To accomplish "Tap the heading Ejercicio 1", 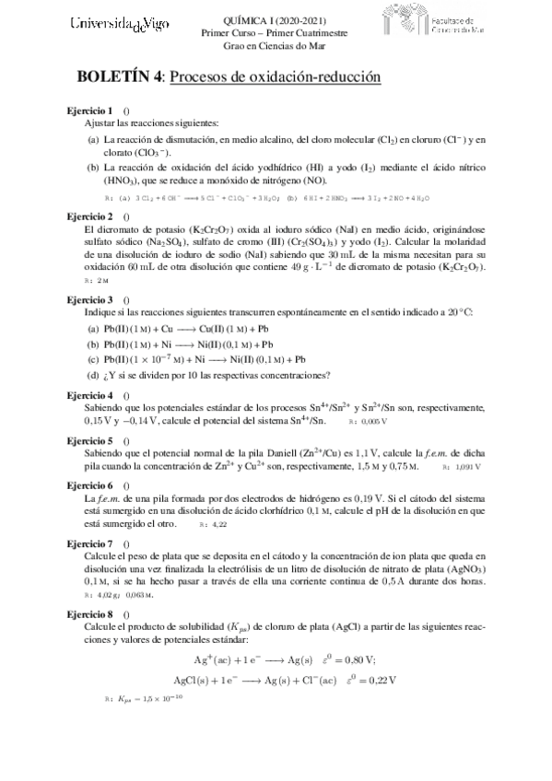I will tap(89, 110).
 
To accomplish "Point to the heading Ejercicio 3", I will tap(89, 300).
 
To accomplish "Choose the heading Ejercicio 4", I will tap(89, 395).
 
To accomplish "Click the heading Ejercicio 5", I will tap(89, 440).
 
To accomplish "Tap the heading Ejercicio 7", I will tap(89, 543).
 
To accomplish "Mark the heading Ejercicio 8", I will tap(89, 613).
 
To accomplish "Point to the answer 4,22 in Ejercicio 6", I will tap(218, 525).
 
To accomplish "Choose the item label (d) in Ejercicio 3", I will tap(93, 375).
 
